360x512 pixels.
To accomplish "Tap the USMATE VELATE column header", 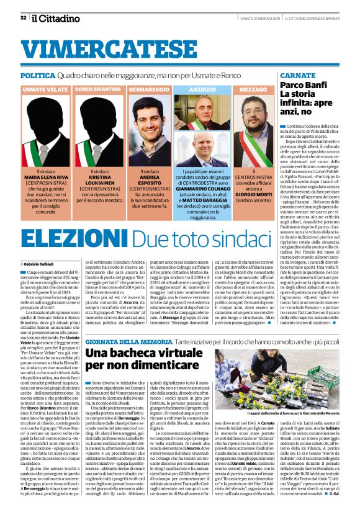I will tap(45, 90).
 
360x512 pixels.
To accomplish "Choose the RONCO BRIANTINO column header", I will tap(99, 90).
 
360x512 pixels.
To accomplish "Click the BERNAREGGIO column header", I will tap(150, 90).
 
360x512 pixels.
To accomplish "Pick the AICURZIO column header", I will tap(202, 90).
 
